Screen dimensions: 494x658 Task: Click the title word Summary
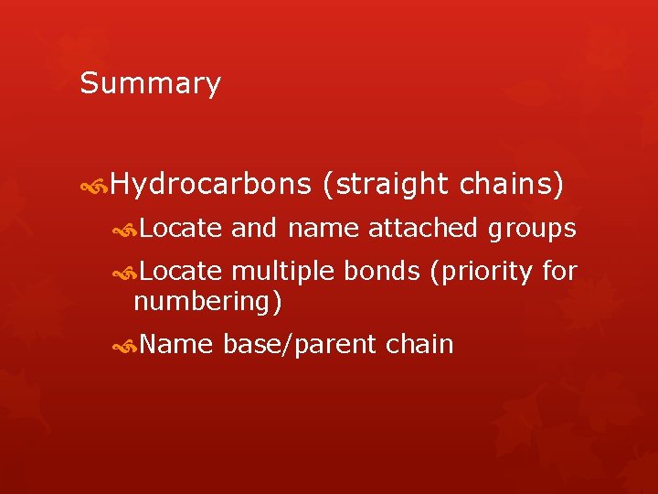click(150, 84)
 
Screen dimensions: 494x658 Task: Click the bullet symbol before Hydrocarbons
click(95, 187)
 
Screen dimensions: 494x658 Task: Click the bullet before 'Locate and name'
click(127, 230)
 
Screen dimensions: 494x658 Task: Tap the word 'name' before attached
click(324, 229)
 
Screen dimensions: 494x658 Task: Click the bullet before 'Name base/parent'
click(127, 347)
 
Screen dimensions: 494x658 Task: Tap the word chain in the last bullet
click(420, 345)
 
